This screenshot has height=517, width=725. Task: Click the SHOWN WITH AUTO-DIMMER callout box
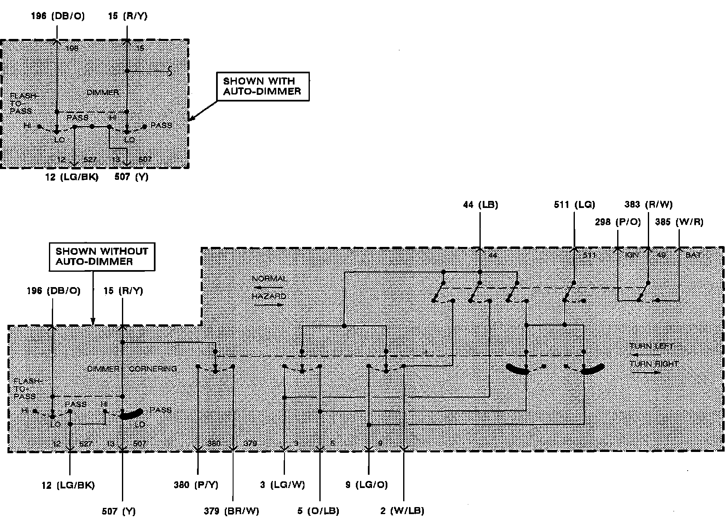pos(263,86)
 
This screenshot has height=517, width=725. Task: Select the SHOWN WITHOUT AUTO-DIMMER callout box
pos(102,256)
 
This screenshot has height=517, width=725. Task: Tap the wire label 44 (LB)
pos(480,204)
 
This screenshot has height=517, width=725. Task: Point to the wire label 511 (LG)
pos(574,204)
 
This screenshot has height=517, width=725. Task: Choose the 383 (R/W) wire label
pos(648,204)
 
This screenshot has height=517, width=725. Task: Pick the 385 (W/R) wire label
pos(679,222)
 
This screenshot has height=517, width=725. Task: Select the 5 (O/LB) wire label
pos(318,511)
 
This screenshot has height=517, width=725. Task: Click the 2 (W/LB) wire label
pos(402,511)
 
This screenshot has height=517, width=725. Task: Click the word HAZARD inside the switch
pos(269,296)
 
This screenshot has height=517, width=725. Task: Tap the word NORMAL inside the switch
pos(269,279)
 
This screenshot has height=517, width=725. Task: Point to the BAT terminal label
pos(693,255)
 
